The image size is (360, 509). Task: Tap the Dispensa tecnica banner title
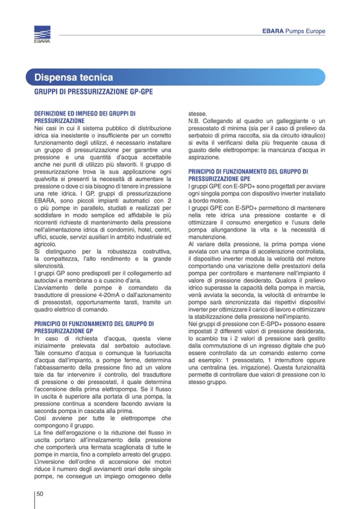click(x=74, y=77)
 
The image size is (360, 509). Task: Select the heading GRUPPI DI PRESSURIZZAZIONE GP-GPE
click(x=93, y=92)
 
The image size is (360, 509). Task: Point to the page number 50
click(x=40, y=494)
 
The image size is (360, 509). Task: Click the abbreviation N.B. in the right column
click(x=195, y=121)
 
